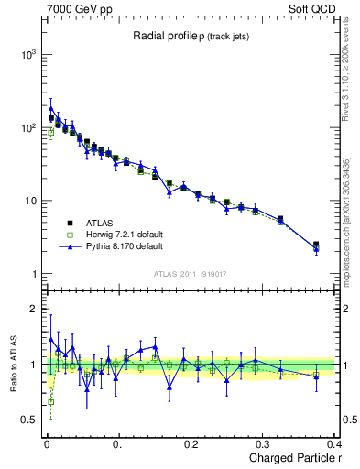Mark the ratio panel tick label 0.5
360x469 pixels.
pos(30,420)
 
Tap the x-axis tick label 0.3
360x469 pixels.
pos(263,443)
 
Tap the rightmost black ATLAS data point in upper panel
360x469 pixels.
pos(316,245)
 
